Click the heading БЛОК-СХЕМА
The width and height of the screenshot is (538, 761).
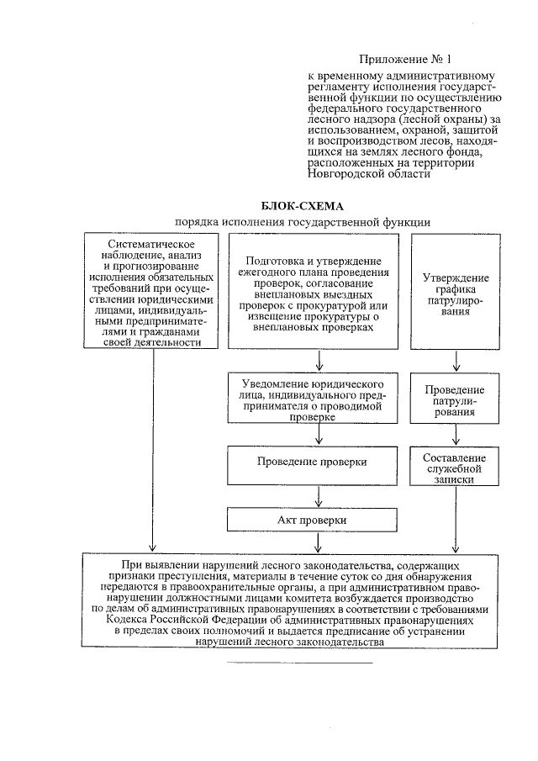pos(303,206)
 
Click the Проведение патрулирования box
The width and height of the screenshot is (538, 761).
pos(454,401)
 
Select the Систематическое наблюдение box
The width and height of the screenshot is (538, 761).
pos(150,291)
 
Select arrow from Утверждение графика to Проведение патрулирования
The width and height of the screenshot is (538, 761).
pos(455,361)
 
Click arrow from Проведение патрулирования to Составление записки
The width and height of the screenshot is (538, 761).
pos(455,437)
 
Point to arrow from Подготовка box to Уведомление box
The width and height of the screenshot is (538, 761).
pos(319,361)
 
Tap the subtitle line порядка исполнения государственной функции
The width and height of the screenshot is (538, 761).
pos(303,221)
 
